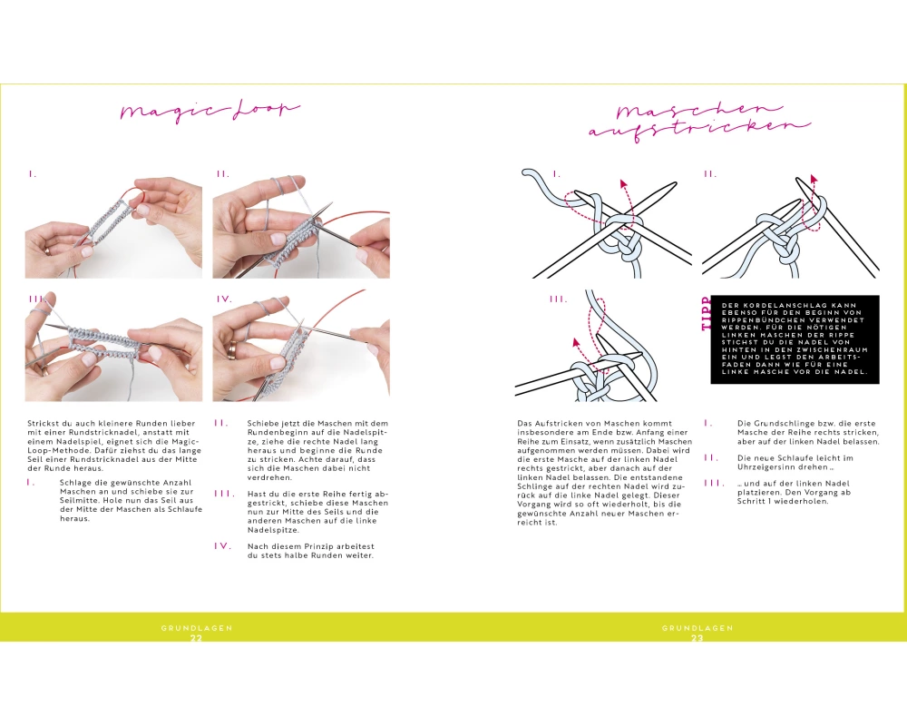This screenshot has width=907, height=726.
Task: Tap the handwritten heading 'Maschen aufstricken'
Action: (698, 121)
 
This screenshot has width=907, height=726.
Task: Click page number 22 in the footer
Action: (196, 637)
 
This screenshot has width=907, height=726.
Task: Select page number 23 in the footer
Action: (697, 637)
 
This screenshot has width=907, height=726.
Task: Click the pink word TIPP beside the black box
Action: (706, 314)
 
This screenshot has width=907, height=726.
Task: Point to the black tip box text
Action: (795, 338)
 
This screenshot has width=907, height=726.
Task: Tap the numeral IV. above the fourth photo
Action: (224, 299)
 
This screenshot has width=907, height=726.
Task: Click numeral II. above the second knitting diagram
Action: (710, 173)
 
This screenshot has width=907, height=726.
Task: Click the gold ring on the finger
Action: (232, 348)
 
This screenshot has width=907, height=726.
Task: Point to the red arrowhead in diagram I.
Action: (624, 184)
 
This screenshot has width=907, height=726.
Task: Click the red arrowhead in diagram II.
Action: (814, 178)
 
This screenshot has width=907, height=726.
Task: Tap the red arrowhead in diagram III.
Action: (576, 341)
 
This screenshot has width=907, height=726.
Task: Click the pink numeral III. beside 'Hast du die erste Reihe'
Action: (224, 494)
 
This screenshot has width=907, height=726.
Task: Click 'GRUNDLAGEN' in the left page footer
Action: (197, 628)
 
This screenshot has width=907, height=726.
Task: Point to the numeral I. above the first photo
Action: (33, 173)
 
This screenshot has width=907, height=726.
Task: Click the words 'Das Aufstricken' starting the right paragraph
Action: (551, 423)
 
